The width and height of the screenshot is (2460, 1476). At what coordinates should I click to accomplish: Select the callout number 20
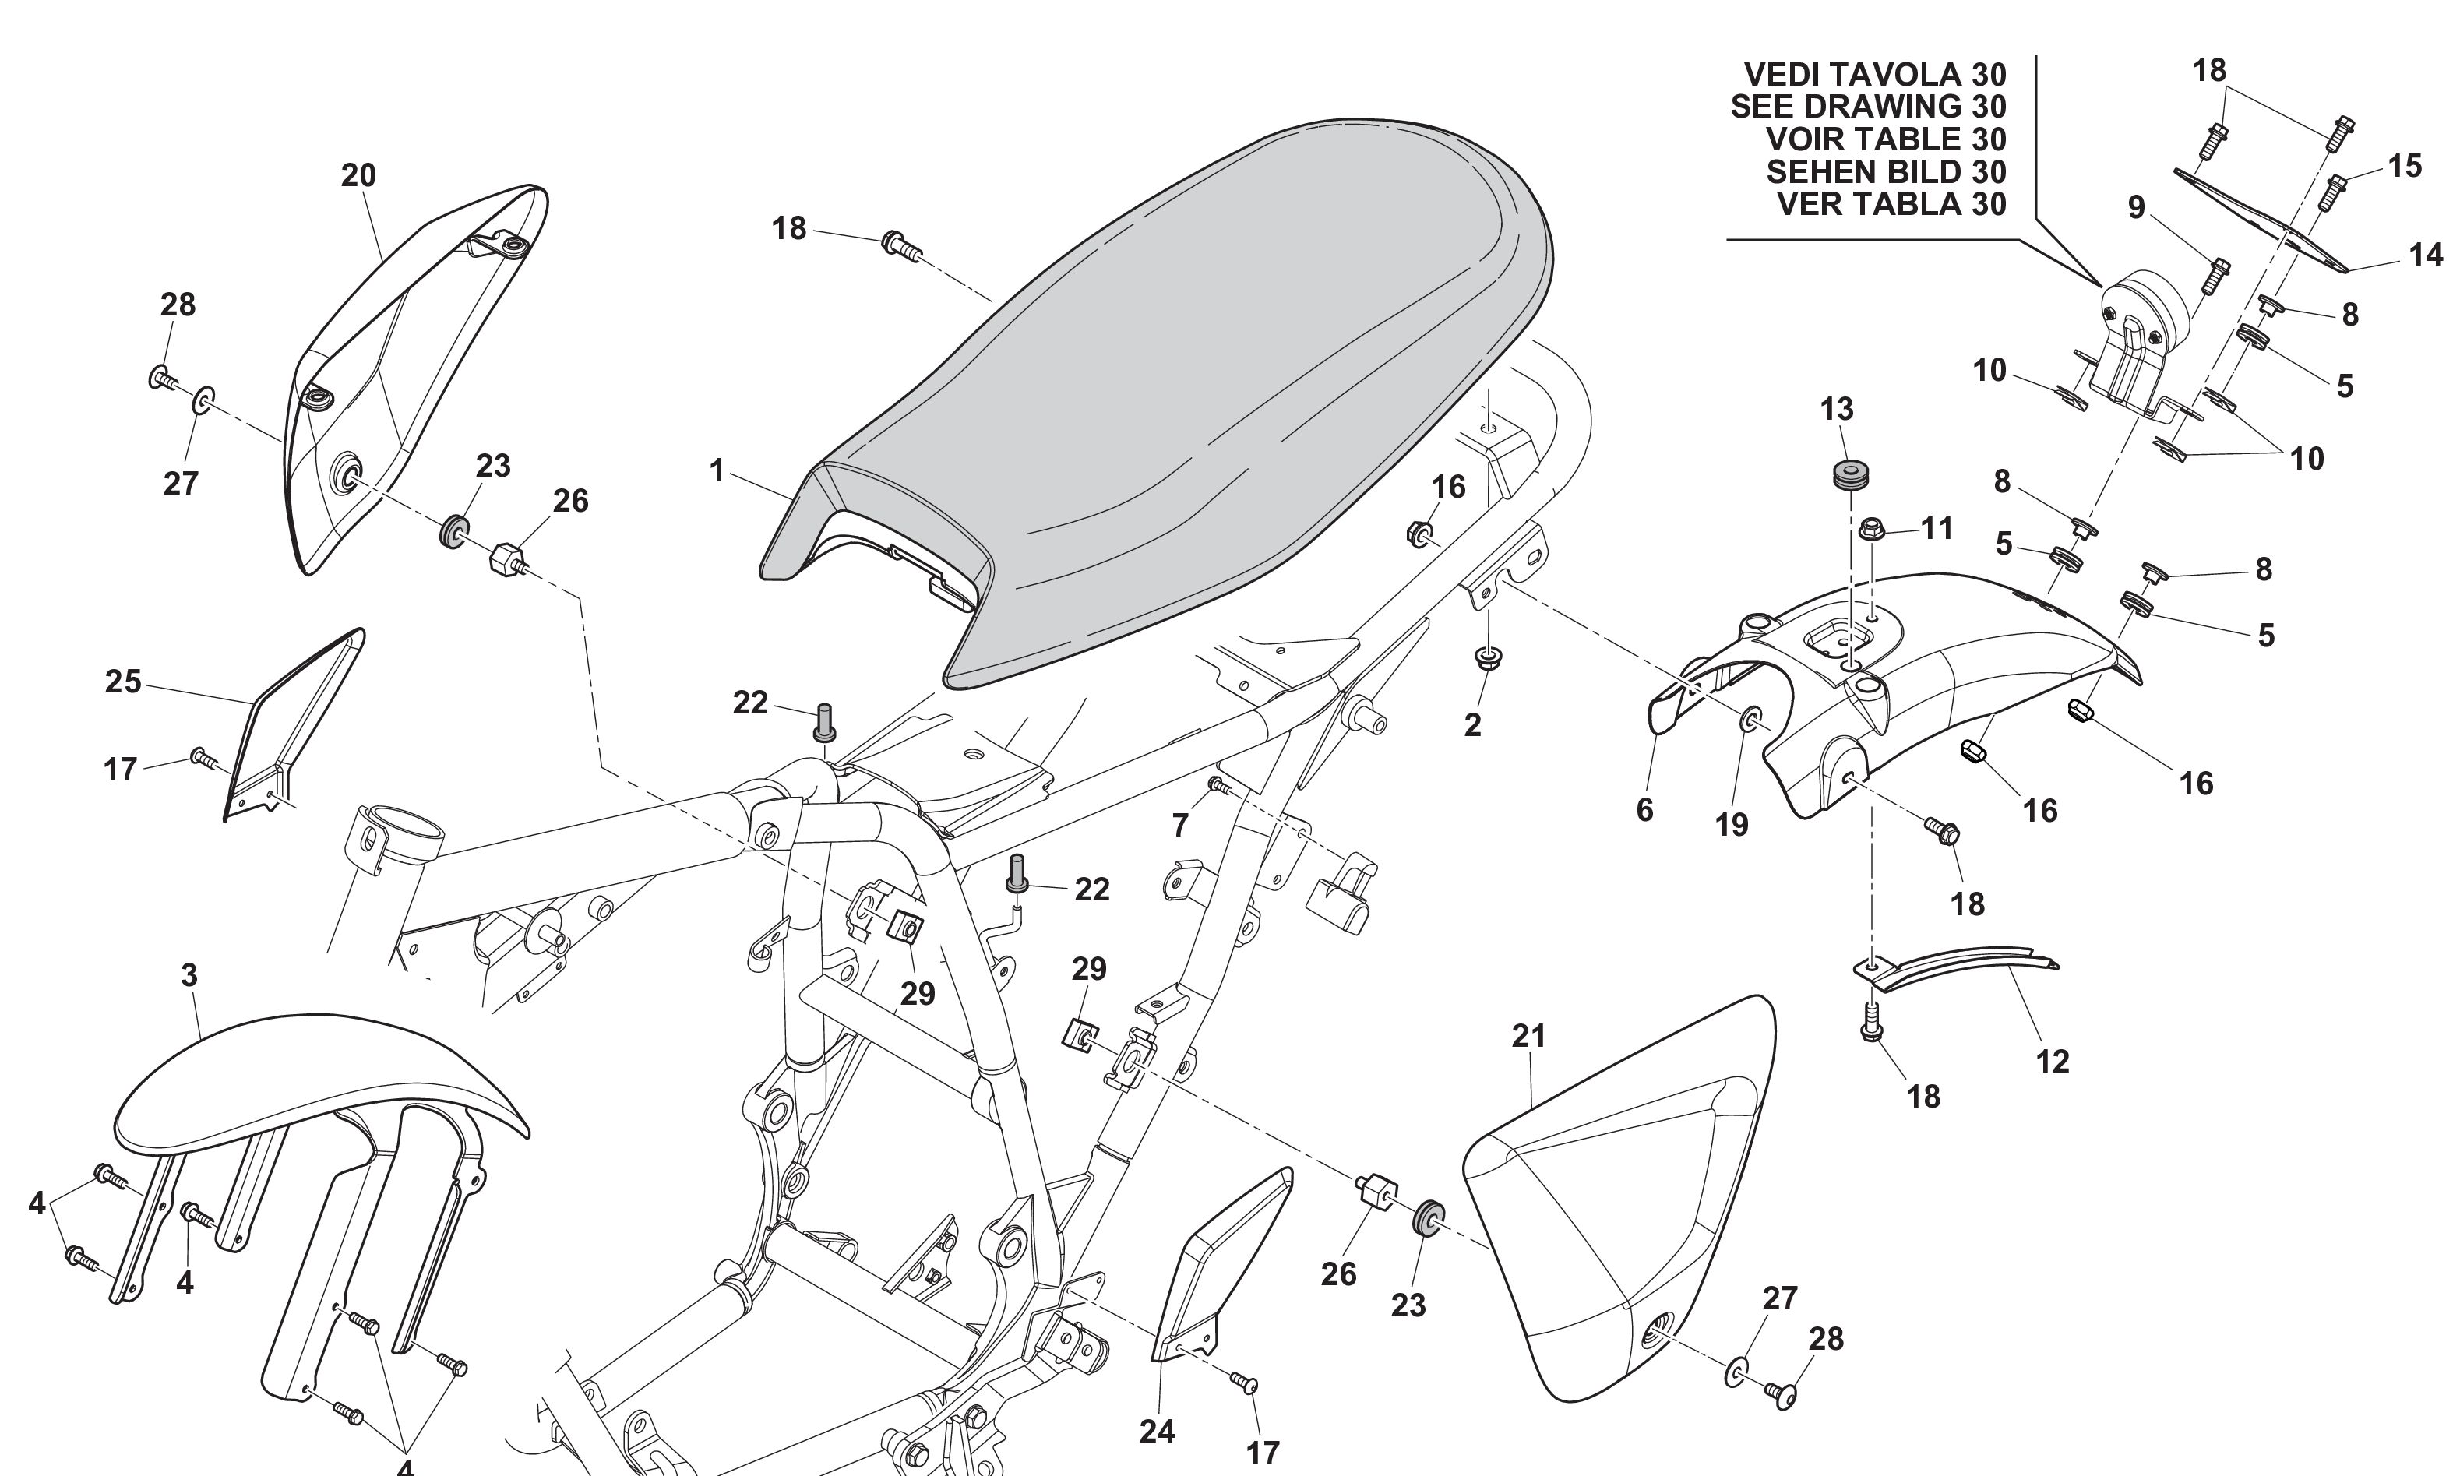tap(358, 176)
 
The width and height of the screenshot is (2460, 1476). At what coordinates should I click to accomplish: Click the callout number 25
tap(123, 682)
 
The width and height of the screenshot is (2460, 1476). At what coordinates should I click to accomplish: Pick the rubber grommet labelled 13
tap(1849, 474)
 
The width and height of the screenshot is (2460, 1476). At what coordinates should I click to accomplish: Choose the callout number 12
tap(2052, 1062)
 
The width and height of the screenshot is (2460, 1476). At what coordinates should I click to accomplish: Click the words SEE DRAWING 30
tap(1868, 107)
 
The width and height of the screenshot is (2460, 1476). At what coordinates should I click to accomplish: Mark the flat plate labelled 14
tap(2258, 219)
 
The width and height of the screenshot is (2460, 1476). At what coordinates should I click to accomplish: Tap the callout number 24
tap(1157, 1432)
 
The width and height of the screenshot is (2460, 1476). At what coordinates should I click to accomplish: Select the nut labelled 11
tap(1871, 528)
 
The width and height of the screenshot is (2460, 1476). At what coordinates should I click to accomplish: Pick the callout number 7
tap(1180, 825)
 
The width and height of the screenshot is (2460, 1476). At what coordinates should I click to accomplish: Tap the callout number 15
tap(2405, 166)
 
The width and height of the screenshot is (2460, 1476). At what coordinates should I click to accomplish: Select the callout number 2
tap(1472, 725)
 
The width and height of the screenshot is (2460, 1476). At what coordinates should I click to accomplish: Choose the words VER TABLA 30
tap(1891, 204)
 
